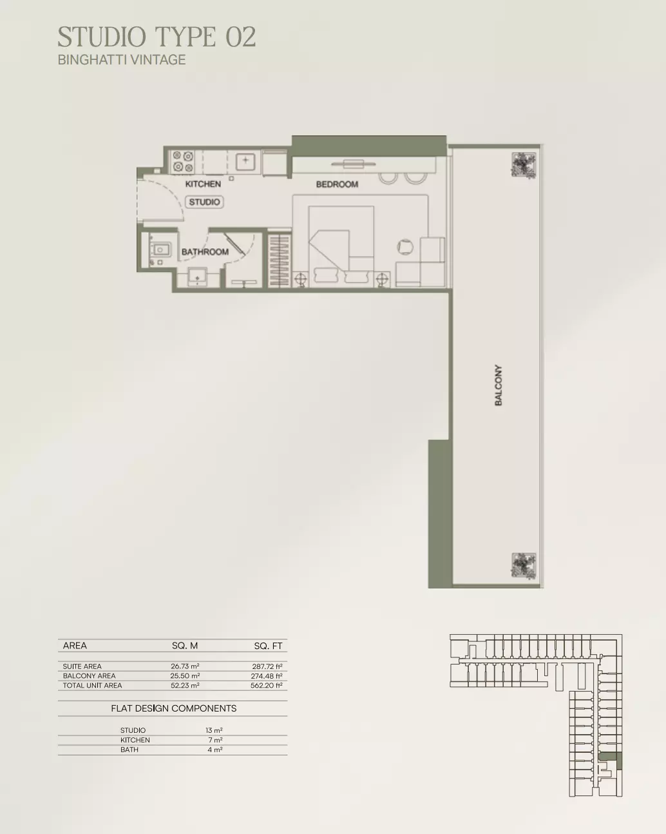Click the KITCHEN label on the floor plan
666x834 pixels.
(x=203, y=184)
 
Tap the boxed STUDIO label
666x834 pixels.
(x=204, y=202)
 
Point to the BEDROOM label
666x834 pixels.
(x=337, y=184)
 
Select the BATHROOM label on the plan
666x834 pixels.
(x=205, y=252)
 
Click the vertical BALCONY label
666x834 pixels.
(x=499, y=385)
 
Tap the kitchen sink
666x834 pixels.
(x=245, y=161)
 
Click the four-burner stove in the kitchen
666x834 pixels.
(x=183, y=161)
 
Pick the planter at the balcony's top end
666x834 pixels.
(x=524, y=165)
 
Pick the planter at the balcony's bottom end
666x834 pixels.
(x=524, y=566)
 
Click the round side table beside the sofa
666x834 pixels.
(x=405, y=246)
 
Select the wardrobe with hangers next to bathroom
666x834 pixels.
(x=279, y=260)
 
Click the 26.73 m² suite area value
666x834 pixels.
(x=185, y=666)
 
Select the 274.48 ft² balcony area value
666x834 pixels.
(x=267, y=676)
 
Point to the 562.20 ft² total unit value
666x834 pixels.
(x=267, y=685)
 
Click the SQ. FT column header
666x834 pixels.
(x=268, y=646)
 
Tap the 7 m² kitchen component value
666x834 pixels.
(x=215, y=740)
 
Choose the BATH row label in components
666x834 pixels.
(x=129, y=750)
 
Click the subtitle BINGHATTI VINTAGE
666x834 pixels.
(x=122, y=60)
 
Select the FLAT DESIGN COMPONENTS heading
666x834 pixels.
(x=173, y=708)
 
